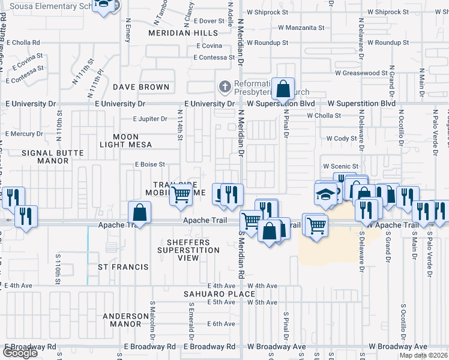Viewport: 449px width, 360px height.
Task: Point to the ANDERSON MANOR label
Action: tap(125, 320)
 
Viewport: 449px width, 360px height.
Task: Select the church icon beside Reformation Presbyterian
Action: tap(224, 87)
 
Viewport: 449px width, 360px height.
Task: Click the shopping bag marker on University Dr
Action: tap(283, 89)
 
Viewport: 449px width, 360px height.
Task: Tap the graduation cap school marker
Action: tap(325, 194)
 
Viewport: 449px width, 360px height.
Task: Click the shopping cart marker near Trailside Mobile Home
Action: tap(181, 194)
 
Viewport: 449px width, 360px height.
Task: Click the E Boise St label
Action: tap(149, 164)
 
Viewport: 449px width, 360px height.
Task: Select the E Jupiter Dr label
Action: tap(150, 119)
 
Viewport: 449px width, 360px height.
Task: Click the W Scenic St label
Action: tap(340, 166)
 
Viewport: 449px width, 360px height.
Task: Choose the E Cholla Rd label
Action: tap(23, 43)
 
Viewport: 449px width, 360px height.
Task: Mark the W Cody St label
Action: tap(342, 139)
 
